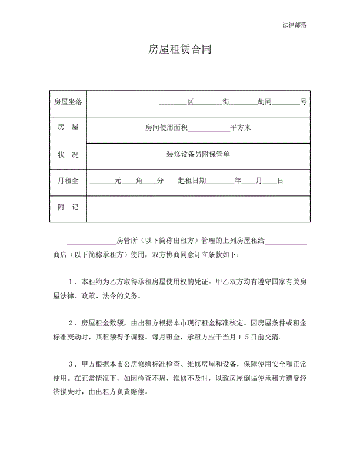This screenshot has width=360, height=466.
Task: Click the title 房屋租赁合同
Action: [179, 51]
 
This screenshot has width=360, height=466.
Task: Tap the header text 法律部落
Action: [294, 25]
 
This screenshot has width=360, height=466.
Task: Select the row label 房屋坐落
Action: [67, 101]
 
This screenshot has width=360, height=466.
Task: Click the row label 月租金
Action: [67, 181]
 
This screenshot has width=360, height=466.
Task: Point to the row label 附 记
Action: [67, 208]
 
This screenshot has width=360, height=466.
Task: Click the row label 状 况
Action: [67, 154]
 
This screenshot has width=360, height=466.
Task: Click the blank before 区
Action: [172, 102]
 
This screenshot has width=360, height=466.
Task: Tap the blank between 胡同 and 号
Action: [286, 102]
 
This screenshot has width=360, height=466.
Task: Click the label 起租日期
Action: [191, 181]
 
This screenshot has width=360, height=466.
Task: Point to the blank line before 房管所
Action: [91, 242]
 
